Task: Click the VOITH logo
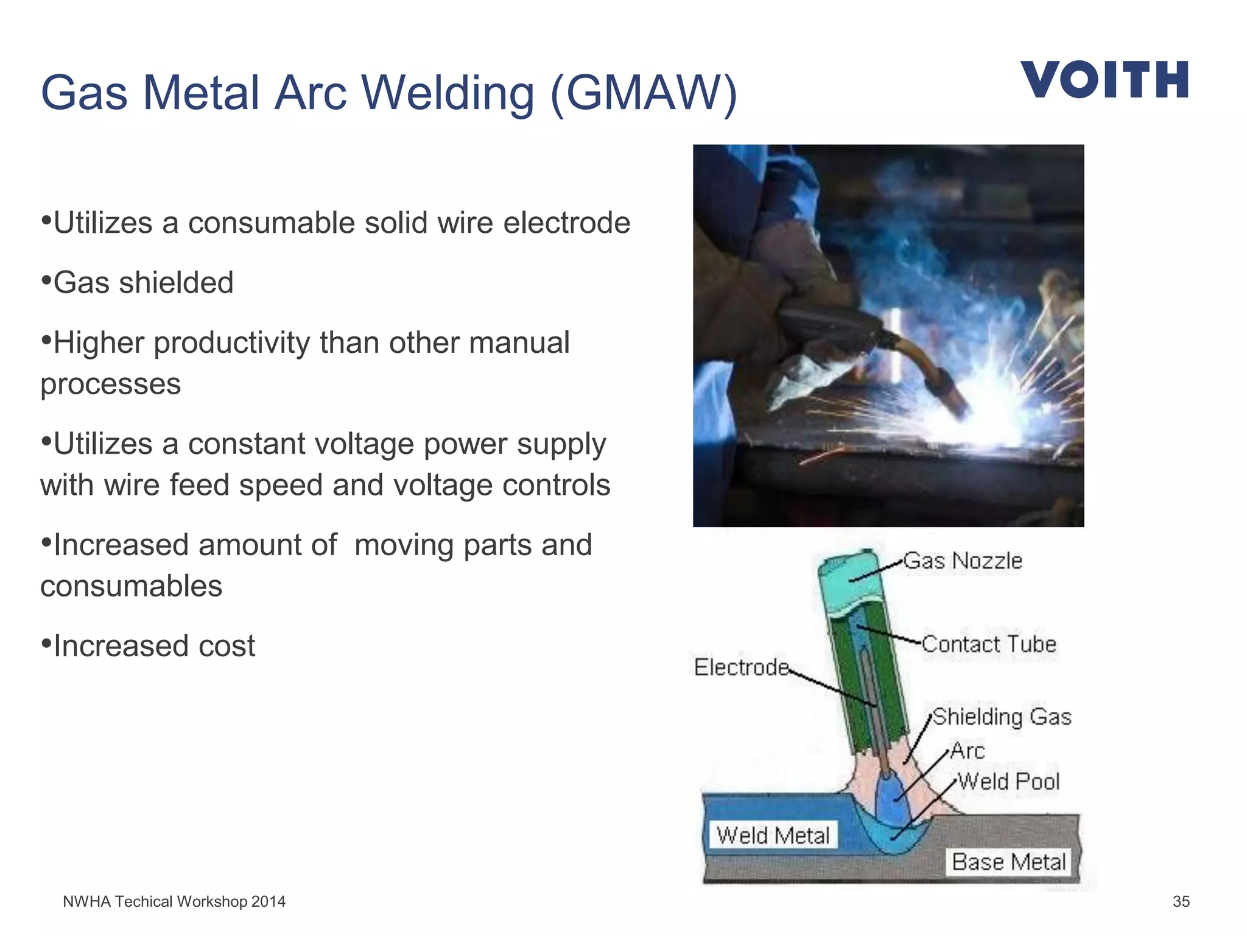[1104, 80]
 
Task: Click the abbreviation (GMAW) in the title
[644, 93]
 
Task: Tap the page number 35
[1181, 901]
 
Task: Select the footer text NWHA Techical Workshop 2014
[174, 901]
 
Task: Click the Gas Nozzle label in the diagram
[962, 561]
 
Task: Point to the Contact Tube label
[989, 644]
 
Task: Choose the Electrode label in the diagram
[741, 667]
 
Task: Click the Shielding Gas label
[1002, 717]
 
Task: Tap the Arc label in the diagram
[968, 751]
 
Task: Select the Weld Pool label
[1008, 781]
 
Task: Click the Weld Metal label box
[773, 835]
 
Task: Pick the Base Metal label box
[1008, 862]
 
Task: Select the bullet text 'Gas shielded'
[144, 283]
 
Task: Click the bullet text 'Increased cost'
[154, 646]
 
